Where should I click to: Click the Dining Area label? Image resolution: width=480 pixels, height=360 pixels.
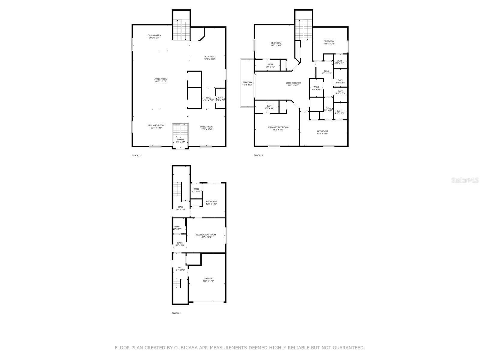154,35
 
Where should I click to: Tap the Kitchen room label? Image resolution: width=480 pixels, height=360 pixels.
210,57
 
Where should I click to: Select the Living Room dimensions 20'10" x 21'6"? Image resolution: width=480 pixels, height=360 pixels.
160,81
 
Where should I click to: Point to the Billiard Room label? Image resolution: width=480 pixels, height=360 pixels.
156,125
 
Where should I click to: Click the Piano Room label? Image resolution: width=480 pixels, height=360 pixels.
206,127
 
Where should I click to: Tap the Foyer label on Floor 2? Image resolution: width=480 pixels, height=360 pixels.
180,139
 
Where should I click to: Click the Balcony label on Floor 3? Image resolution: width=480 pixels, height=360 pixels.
247,82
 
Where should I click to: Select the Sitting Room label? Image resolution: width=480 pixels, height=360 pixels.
293,83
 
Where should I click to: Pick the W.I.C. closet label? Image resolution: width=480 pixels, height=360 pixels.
316,87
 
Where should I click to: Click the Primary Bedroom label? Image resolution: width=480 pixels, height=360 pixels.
278,127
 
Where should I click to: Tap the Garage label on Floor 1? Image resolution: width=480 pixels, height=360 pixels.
208,278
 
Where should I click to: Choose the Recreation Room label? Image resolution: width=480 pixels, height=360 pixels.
206,235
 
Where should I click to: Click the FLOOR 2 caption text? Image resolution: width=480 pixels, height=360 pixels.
136,155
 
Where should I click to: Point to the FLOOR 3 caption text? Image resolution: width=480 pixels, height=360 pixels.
258,155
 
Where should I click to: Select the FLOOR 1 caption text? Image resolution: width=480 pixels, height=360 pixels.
176,313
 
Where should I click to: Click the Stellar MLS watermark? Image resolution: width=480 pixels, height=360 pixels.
466,180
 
